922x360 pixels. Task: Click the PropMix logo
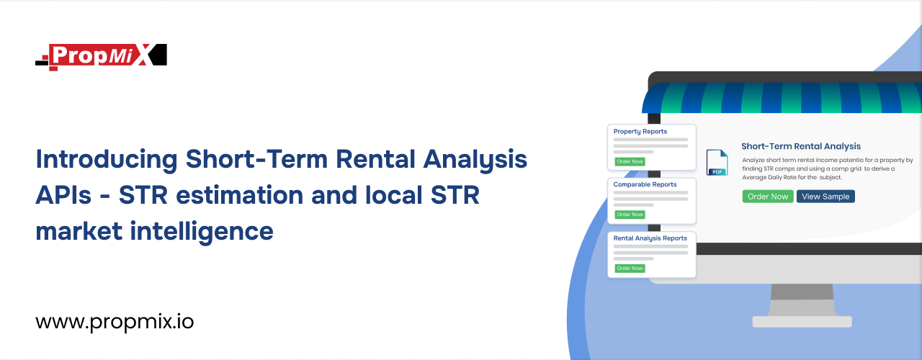click(102, 56)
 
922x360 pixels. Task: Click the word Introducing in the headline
click(107, 160)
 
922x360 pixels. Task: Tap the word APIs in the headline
click(63, 195)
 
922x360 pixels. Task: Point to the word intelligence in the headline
click(202, 232)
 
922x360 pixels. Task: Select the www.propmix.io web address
click(115, 322)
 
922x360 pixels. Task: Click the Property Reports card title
click(640, 132)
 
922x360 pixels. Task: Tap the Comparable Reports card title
click(645, 184)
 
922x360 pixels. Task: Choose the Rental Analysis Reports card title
click(650, 238)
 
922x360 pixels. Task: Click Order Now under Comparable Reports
click(630, 215)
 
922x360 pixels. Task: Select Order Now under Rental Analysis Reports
click(630, 269)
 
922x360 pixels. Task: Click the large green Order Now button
click(768, 197)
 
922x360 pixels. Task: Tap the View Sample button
click(825, 197)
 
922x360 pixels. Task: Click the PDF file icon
click(717, 163)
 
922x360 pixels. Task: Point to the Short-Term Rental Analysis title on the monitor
click(801, 146)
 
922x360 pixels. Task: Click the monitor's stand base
click(802, 322)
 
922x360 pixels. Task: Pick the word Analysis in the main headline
click(475, 160)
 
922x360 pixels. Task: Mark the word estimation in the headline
click(240, 195)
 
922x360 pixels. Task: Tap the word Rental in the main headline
click(375, 159)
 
